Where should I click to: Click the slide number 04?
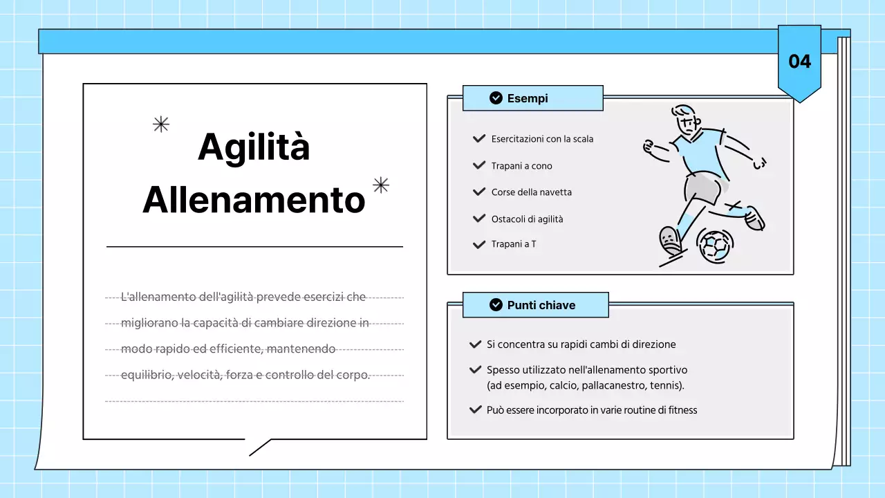click(799, 62)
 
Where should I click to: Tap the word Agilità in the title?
click(254, 147)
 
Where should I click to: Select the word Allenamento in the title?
click(254, 199)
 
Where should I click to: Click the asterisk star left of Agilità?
click(161, 124)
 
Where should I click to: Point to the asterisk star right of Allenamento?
click(381, 185)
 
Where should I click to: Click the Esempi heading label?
click(528, 98)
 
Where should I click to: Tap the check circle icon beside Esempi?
click(496, 98)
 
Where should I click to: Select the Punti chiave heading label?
click(541, 305)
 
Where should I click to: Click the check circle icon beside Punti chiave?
click(496, 305)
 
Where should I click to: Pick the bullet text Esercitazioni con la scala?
click(542, 139)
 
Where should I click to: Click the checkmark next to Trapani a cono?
click(478, 165)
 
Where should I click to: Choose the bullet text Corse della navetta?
click(532, 192)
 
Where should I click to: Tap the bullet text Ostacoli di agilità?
click(528, 219)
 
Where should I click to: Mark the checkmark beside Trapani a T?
click(478, 244)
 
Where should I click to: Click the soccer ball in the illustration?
click(716, 245)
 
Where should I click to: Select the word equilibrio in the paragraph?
click(146, 375)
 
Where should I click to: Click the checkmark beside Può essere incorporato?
click(475, 409)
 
